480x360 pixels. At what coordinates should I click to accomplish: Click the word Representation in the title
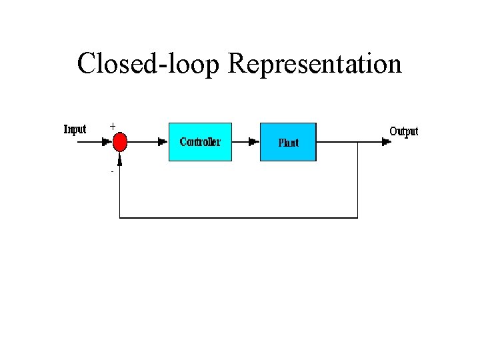click(315, 64)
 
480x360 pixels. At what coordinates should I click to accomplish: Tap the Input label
click(75, 129)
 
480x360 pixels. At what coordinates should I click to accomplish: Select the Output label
click(403, 131)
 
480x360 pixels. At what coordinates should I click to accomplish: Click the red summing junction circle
click(120, 141)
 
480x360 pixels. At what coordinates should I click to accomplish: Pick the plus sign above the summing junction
click(112, 125)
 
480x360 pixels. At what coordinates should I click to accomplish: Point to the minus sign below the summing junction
click(112, 172)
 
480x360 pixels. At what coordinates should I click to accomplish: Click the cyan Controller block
click(200, 141)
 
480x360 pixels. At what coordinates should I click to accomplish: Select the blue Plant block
click(288, 141)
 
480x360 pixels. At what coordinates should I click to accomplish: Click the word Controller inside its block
click(200, 142)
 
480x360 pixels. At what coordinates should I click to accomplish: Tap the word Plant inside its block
click(288, 143)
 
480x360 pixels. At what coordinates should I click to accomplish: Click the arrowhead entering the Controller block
click(163, 141)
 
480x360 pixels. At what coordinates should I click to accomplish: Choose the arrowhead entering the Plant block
click(253, 141)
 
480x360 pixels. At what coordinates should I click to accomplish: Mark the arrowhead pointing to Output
click(385, 141)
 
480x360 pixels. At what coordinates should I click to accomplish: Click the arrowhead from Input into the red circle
click(107, 141)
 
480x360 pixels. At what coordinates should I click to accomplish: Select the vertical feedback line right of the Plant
click(358, 180)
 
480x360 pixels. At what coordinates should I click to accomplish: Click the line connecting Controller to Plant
click(241, 141)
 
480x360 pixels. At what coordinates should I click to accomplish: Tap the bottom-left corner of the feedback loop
click(120, 217)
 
